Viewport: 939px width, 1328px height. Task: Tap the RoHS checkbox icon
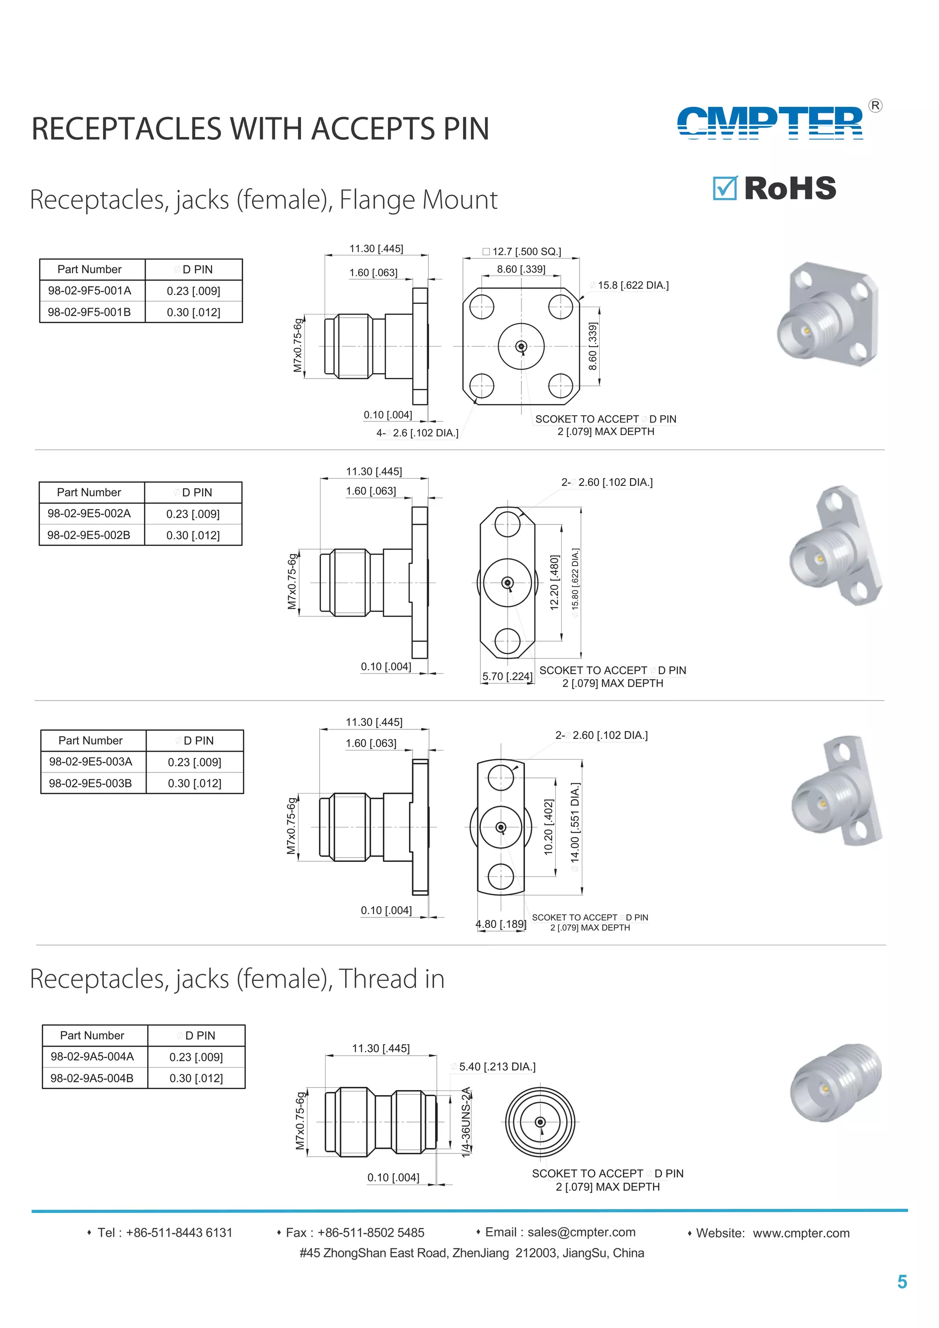(724, 188)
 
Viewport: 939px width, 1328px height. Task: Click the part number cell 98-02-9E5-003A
(91, 762)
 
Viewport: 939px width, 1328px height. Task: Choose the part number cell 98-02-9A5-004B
(92, 1078)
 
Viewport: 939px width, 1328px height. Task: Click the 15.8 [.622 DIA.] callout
(632, 285)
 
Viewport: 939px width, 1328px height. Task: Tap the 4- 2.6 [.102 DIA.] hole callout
(417, 433)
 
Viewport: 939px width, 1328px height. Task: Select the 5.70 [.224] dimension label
(508, 676)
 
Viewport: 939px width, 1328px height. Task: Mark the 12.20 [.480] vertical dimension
(554, 583)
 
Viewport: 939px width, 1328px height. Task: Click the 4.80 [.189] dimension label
(501, 924)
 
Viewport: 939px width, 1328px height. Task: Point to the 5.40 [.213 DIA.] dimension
(497, 1067)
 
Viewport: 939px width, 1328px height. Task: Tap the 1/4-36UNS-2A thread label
(466, 1122)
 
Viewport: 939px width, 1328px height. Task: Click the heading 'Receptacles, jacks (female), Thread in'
(237, 979)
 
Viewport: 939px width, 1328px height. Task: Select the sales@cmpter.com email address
(581, 1232)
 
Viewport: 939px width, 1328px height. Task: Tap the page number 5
(901, 1282)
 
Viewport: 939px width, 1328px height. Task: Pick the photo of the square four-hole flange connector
(827, 315)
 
